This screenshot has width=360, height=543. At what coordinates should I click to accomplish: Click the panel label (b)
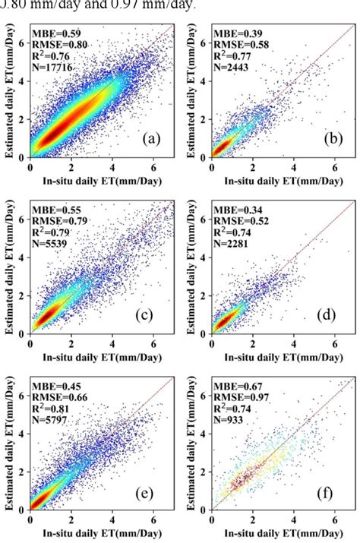[x=333, y=139]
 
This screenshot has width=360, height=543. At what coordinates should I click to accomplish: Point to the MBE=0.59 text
[x=54, y=33]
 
